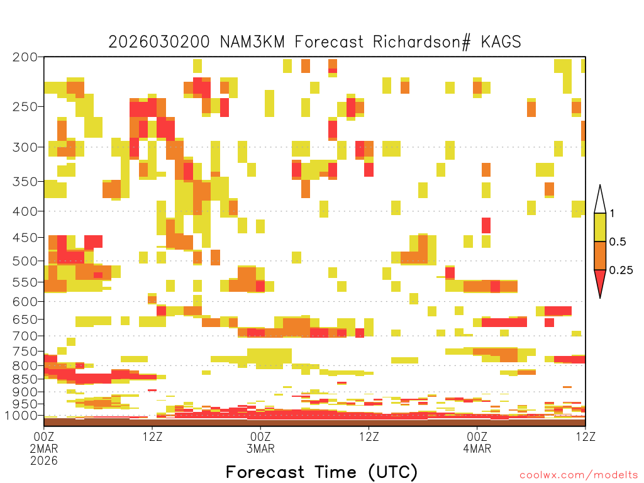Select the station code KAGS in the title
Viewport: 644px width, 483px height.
point(501,42)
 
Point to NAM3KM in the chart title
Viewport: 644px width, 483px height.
point(253,42)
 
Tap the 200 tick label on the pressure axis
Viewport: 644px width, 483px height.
point(25,57)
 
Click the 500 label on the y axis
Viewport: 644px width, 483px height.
point(25,261)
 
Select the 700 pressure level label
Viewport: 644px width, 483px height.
point(25,336)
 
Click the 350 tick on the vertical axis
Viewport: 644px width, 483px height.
point(25,182)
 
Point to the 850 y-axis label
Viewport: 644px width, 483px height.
point(25,379)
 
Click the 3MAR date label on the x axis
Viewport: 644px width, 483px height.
point(260,448)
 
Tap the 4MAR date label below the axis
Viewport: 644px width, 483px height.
point(477,448)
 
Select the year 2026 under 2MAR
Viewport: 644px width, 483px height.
point(44,461)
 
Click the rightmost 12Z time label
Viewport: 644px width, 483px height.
point(586,436)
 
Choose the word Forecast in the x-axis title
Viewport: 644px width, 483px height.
point(265,472)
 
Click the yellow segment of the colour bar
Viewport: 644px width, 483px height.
point(599,227)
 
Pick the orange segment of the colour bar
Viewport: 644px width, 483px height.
point(599,255)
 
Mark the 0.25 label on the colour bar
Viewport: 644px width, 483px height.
point(621,270)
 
